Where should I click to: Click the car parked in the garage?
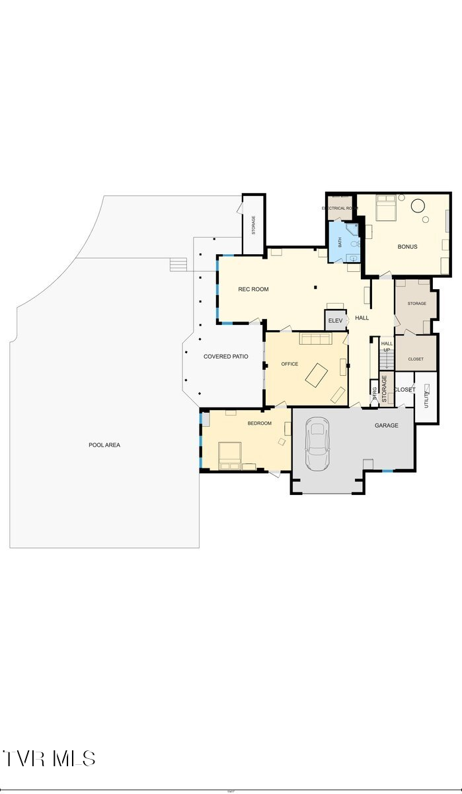pyautogui.click(x=318, y=444)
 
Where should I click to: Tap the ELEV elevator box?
pyautogui.click(x=335, y=321)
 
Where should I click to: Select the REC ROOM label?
pyautogui.click(x=253, y=289)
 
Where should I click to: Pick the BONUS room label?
pyautogui.click(x=407, y=247)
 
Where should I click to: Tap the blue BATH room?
pyautogui.click(x=344, y=242)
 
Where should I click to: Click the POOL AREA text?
pyautogui.click(x=104, y=445)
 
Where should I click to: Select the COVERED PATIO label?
pyautogui.click(x=225, y=357)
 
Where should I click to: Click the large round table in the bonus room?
pyautogui.click(x=418, y=206)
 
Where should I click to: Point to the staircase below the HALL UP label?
pyautogui.click(x=387, y=361)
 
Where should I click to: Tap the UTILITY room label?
pyautogui.click(x=427, y=394)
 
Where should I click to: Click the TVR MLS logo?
pyautogui.click(x=50, y=758)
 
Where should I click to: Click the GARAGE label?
pyautogui.click(x=387, y=425)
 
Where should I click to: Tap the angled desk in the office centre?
pyautogui.click(x=316, y=375)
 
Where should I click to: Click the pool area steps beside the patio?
pyautogui.click(x=178, y=265)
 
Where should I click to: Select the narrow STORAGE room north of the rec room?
pyautogui.click(x=253, y=225)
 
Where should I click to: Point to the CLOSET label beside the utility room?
pyautogui.click(x=404, y=390)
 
